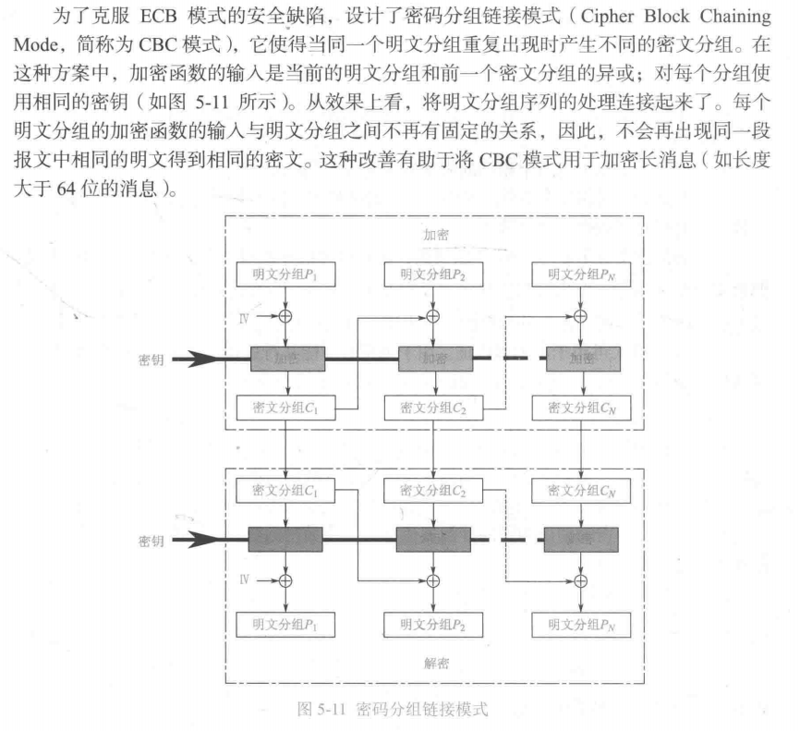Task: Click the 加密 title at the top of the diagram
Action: click(435, 235)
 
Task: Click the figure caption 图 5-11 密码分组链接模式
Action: click(388, 710)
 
